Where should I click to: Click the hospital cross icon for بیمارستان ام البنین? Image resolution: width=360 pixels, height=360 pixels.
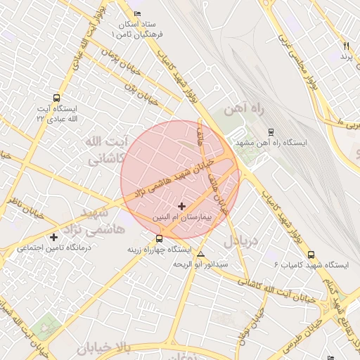click(182, 206)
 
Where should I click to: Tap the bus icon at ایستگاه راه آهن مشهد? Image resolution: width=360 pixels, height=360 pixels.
click(271, 131)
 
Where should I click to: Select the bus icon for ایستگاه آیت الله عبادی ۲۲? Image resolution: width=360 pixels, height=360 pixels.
click(56, 99)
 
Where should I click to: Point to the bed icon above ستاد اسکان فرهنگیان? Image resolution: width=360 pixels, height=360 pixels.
click(136, 14)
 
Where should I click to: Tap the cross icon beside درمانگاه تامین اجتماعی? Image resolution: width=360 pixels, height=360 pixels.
click(54, 237)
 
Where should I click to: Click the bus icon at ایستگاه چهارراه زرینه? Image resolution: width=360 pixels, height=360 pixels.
click(159, 238)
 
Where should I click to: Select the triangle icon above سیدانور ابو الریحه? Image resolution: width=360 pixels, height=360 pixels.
click(201, 254)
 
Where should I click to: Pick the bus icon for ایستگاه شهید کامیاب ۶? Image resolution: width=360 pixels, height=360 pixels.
click(311, 255)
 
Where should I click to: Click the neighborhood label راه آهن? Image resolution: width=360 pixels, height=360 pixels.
click(243, 110)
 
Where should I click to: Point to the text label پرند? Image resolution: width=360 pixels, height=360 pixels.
click(345, 56)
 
